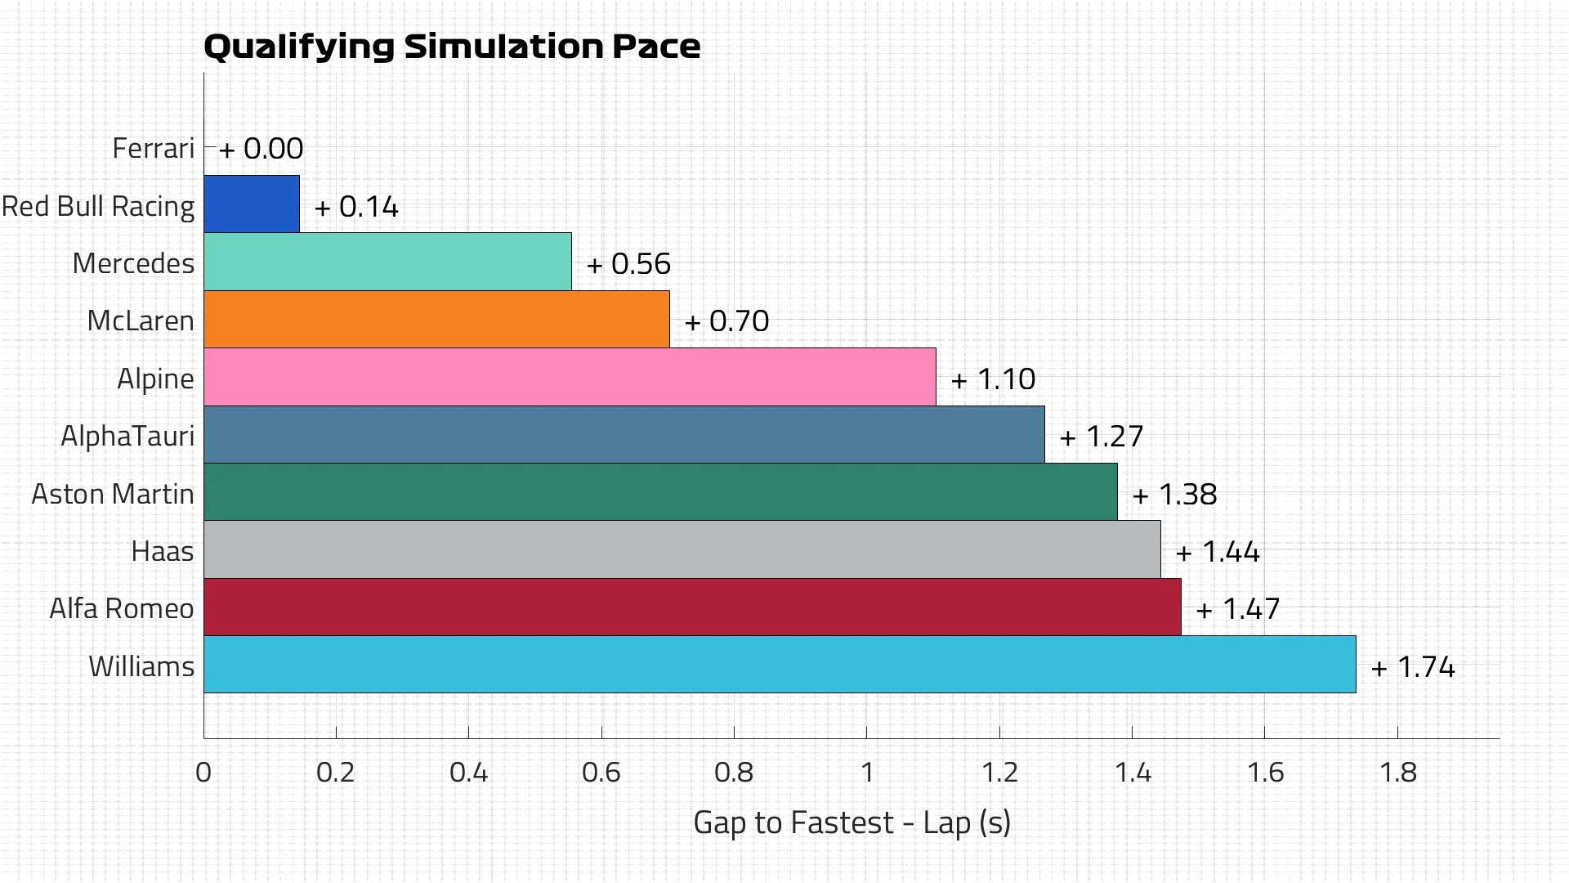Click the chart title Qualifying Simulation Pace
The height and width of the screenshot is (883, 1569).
[x=451, y=47]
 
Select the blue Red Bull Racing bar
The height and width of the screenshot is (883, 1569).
[x=252, y=204]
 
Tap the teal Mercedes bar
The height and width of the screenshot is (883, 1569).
[x=387, y=262]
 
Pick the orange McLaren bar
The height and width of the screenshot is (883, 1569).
[x=436, y=320]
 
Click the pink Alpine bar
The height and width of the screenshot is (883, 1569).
[x=570, y=377]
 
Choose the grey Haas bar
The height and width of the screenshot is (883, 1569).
[x=682, y=549]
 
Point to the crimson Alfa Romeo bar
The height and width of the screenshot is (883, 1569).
[x=692, y=607]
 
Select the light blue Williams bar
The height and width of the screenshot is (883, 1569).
[x=780, y=665]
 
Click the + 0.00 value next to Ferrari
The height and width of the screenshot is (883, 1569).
[x=261, y=149]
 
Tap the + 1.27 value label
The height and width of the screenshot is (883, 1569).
[x=1101, y=437]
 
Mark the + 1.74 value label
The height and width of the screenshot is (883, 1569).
[x=1413, y=667]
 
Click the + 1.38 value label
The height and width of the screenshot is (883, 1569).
[x=1174, y=495]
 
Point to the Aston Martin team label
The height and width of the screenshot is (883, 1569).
[x=113, y=494]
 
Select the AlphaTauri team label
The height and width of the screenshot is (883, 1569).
[x=127, y=437]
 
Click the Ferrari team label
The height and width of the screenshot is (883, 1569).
[x=153, y=148]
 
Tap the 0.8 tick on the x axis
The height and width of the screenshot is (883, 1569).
[x=734, y=772]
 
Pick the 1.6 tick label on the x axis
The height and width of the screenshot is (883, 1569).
[x=1265, y=772]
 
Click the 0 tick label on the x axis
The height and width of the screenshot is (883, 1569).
[x=203, y=772]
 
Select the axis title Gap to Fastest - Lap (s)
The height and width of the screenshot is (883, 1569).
[x=852, y=822]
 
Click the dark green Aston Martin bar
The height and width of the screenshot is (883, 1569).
[x=660, y=492]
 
